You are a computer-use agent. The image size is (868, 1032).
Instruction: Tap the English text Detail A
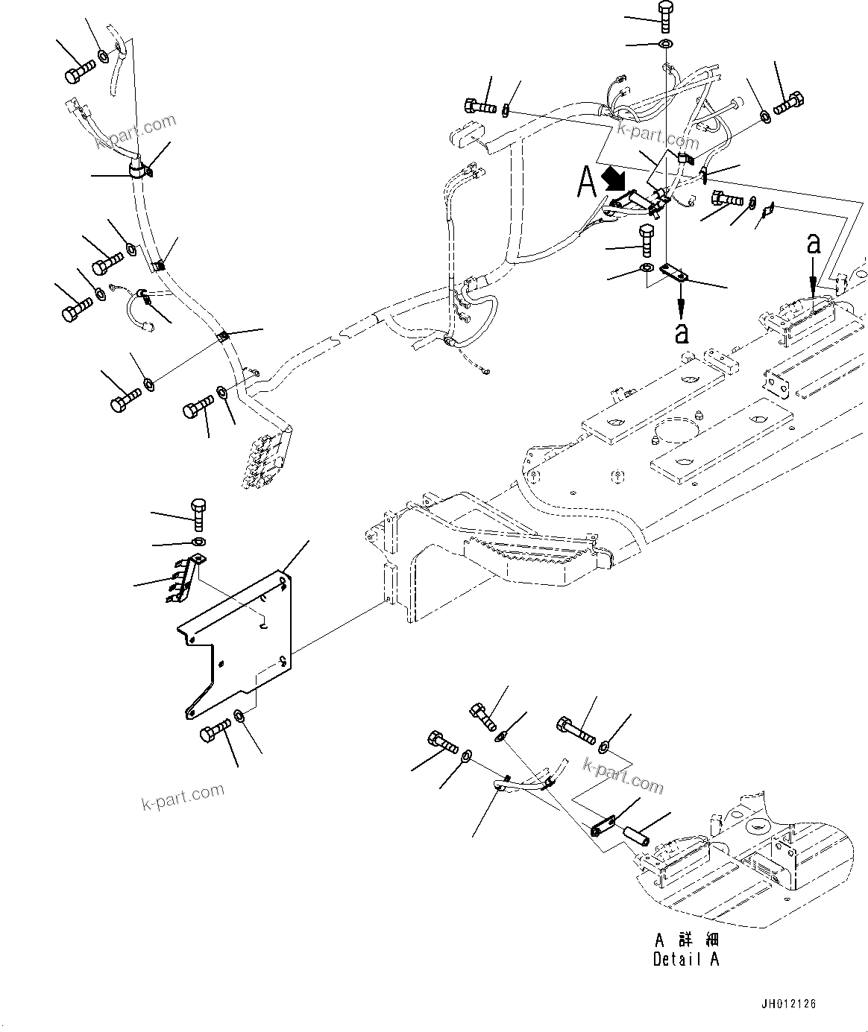click(686, 959)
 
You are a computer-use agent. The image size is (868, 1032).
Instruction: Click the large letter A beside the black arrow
click(586, 182)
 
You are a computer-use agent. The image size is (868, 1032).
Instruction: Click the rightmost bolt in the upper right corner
click(789, 102)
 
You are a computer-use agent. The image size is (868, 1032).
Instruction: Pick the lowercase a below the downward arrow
click(681, 333)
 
